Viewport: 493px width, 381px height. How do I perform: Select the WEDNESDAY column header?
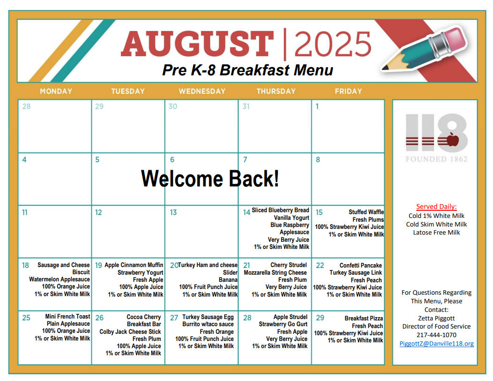point(202,91)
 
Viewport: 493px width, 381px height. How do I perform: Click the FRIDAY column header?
point(348,91)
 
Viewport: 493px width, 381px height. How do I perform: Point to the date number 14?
point(247,213)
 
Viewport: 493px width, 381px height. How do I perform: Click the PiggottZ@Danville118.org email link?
point(436,343)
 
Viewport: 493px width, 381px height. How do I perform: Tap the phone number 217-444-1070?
point(436,335)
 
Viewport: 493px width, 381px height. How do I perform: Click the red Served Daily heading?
point(436,206)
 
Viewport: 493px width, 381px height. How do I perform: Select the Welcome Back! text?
point(210,178)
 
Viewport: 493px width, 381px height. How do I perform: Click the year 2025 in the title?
point(332,44)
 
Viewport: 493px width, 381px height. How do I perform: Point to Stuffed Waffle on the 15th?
point(366,212)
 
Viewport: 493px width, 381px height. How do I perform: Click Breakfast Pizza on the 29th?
point(364,319)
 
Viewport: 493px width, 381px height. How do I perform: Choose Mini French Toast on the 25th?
point(68,317)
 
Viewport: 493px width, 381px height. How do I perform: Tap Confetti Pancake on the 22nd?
point(361,266)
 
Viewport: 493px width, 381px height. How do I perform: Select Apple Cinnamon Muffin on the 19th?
point(134,265)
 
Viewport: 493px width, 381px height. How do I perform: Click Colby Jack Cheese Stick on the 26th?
point(130,331)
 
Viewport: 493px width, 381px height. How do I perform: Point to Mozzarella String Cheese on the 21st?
point(275,273)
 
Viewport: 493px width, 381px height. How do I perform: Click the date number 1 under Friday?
point(317,106)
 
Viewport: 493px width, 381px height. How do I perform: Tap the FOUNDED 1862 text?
point(436,159)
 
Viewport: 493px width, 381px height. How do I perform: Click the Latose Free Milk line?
point(436,232)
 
